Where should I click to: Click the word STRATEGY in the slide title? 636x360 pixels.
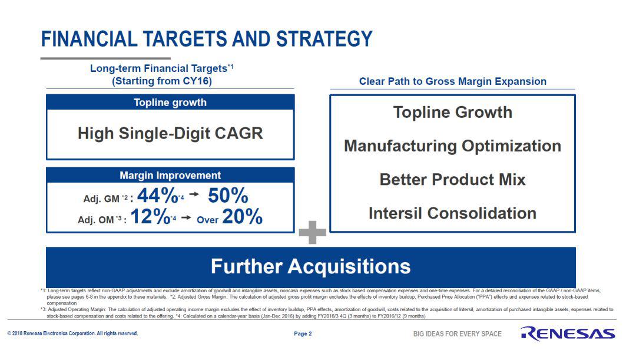324,39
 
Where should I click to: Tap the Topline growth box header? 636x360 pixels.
170,103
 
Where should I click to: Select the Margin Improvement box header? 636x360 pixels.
170,176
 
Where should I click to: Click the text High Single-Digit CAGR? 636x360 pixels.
170,133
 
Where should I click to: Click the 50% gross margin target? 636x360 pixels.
228,196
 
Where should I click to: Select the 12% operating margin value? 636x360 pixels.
150,216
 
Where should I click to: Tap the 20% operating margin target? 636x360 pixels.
243,216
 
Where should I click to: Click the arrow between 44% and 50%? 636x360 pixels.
194,194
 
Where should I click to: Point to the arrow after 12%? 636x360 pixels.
186,217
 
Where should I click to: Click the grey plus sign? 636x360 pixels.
312,233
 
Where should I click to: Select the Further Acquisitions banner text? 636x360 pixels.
311,267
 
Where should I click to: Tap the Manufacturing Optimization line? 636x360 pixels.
453,146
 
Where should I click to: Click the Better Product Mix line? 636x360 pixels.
453,179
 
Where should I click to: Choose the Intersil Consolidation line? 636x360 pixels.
453,213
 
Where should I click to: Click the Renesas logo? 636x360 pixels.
568,333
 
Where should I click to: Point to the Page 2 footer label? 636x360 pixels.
303,333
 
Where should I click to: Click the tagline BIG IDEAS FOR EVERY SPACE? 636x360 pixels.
458,333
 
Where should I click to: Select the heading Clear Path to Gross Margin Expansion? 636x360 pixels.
453,81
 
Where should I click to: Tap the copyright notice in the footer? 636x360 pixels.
72,333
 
